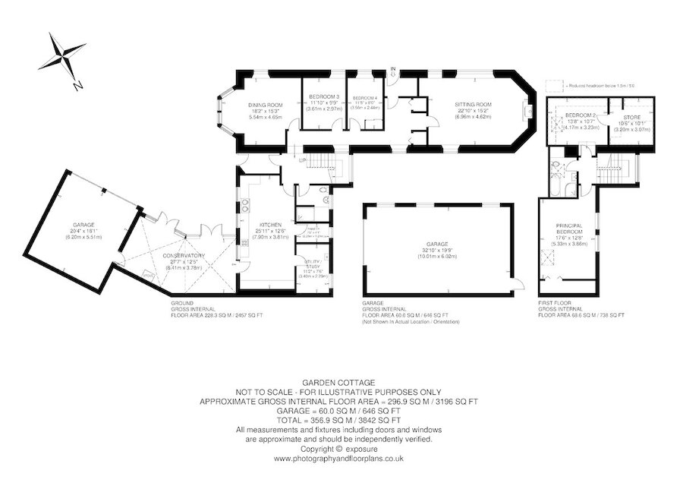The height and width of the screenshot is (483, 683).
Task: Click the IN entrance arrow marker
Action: point(393,71)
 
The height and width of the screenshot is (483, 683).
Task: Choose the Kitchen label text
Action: point(271,226)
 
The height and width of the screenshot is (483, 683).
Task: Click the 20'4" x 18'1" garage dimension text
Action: point(83,231)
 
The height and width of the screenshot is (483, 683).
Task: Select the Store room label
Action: point(632,118)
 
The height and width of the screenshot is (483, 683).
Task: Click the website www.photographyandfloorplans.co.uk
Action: point(338,459)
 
